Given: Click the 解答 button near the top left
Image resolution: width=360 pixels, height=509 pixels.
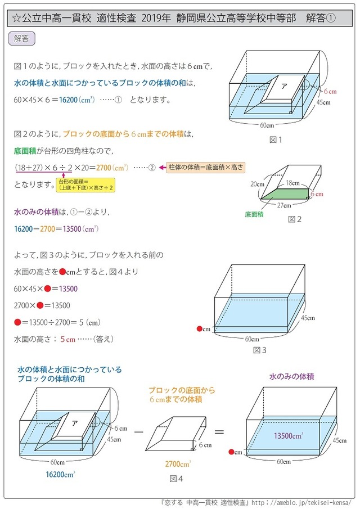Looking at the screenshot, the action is pos(22,39).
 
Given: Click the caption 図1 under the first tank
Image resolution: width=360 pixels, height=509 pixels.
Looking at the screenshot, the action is pos(275,139).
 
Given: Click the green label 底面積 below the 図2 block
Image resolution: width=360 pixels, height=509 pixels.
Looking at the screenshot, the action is pos(254,214).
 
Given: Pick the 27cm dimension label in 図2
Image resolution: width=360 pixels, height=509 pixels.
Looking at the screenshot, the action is pos(285,205).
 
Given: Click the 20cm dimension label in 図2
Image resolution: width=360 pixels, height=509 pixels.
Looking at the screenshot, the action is pos(257,184).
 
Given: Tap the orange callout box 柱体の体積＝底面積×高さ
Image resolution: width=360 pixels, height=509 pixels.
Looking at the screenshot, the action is pos(205,168).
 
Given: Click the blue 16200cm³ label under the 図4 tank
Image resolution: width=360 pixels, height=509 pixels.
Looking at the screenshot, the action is pos(61,474).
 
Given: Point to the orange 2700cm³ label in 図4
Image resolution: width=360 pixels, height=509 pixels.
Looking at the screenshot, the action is pos(178,464).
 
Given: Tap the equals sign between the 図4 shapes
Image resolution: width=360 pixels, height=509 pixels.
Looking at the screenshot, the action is pos(220,432).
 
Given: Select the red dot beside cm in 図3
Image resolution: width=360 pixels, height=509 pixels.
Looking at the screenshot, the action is pos(199,329).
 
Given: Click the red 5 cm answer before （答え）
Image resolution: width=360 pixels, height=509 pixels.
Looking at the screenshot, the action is pos(67,339).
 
